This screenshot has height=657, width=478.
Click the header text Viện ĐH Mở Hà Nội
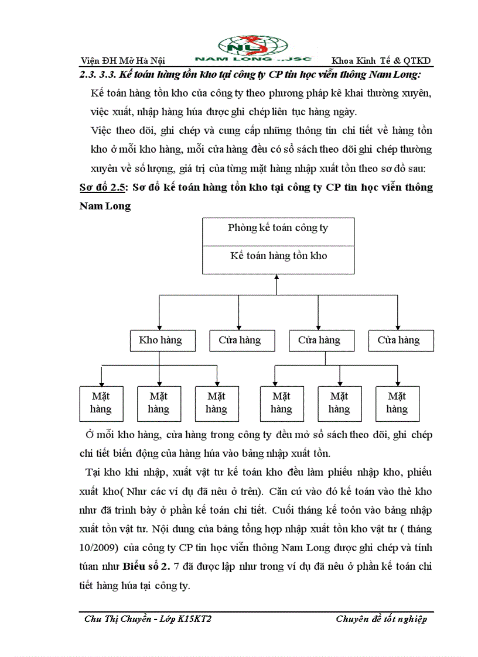click(122, 60)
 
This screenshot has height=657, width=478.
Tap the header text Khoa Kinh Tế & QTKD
click(381, 60)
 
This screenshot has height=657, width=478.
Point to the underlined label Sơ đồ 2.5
click(103, 187)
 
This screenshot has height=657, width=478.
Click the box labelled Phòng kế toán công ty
click(278, 228)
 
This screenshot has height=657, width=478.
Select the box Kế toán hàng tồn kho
click(278, 256)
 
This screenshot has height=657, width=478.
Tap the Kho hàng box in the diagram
click(160, 340)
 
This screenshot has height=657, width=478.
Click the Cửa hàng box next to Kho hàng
click(239, 340)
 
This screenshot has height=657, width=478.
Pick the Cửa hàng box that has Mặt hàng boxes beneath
click(319, 340)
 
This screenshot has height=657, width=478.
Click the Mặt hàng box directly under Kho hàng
click(158, 403)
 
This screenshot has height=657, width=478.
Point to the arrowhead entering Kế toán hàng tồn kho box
click(278, 277)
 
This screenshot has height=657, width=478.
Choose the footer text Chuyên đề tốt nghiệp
click(381, 620)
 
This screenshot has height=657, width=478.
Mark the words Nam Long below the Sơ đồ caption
click(105, 206)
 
